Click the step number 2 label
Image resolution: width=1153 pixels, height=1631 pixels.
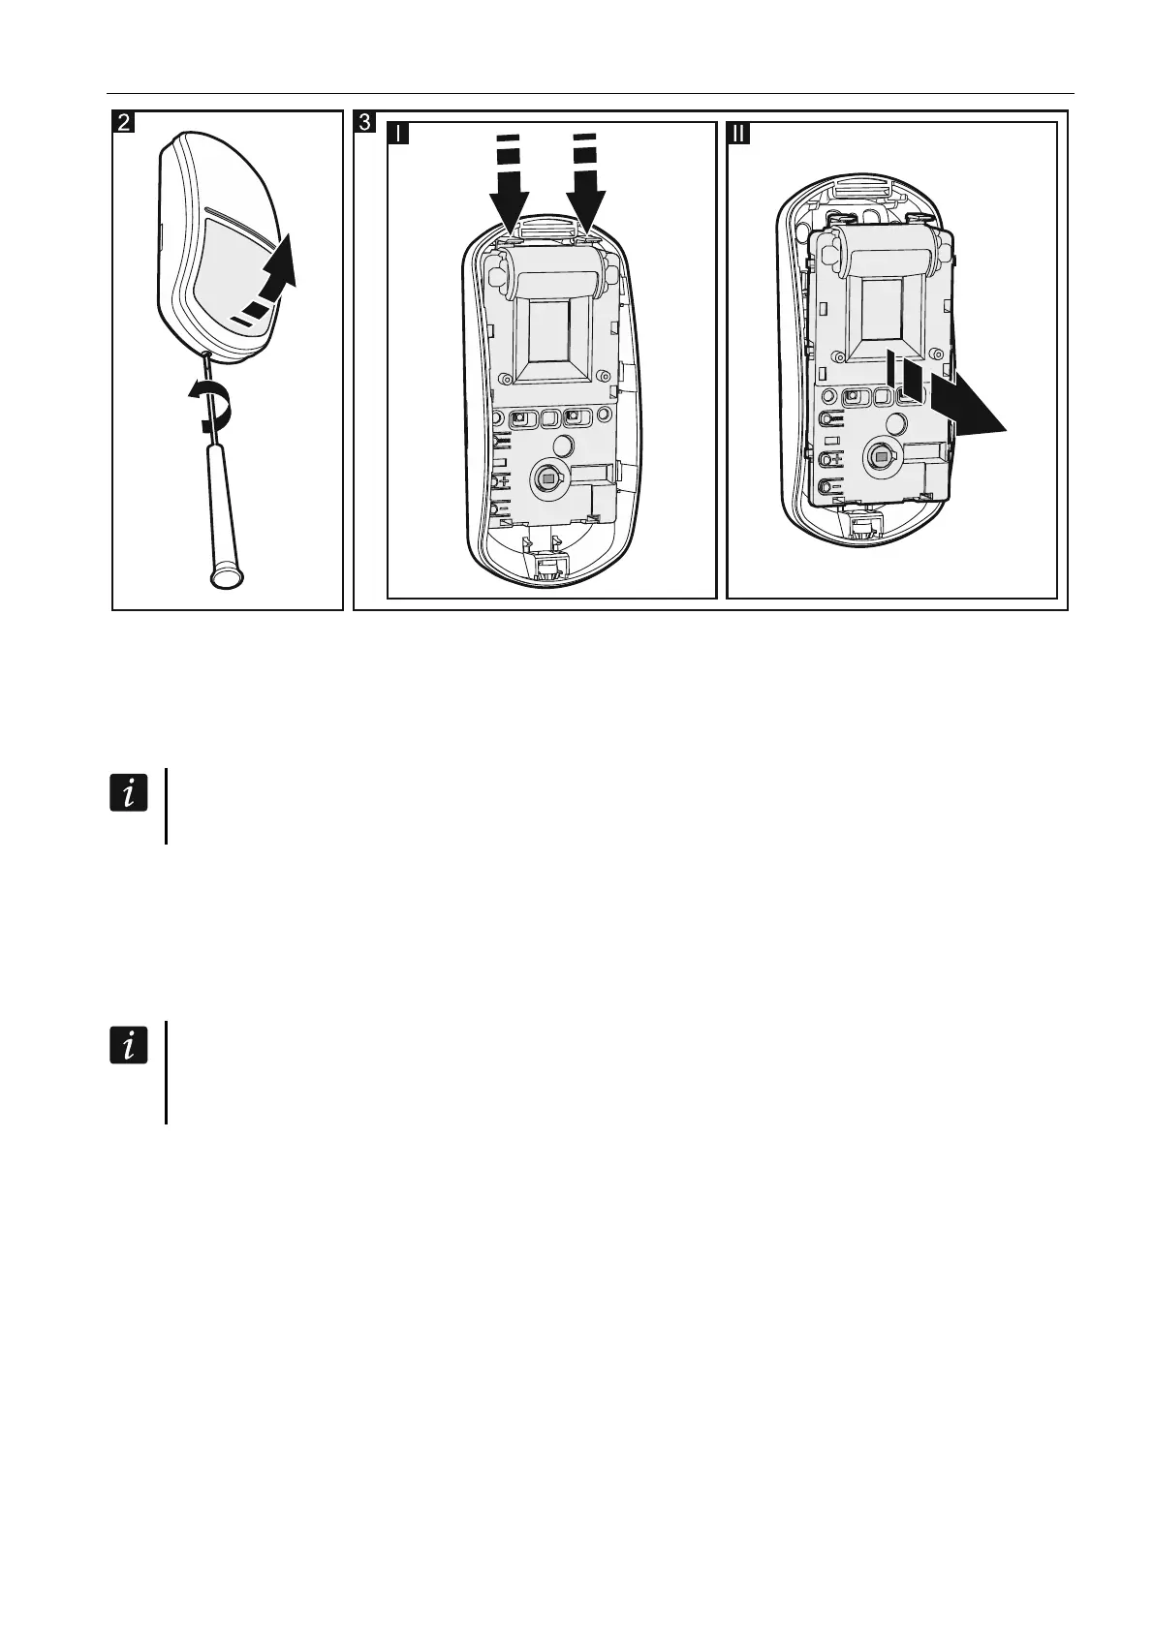[x=124, y=123]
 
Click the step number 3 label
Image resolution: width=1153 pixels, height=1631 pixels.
[x=364, y=123]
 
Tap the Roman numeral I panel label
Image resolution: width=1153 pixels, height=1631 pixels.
[x=398, y=133]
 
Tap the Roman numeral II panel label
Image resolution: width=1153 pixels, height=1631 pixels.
[x=738, y=133]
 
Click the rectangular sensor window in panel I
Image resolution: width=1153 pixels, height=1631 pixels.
[x=550, y=344]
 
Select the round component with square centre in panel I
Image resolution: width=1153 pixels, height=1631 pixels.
[x=547, y=477]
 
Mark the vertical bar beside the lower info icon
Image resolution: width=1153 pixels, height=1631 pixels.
[x=167, y=1071]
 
